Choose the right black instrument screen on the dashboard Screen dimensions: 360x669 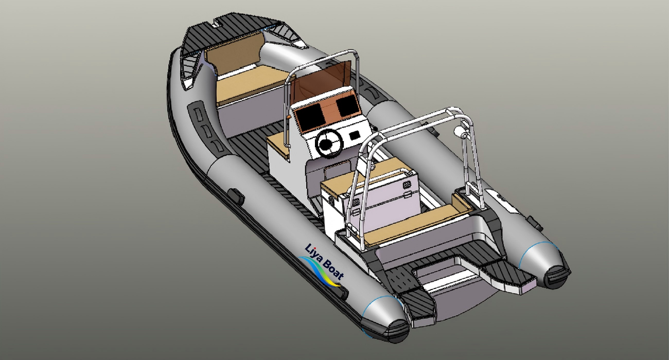point(347,106)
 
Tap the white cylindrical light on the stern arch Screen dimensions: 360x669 point(463,136)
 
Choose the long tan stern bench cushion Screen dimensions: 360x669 point(412,224)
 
